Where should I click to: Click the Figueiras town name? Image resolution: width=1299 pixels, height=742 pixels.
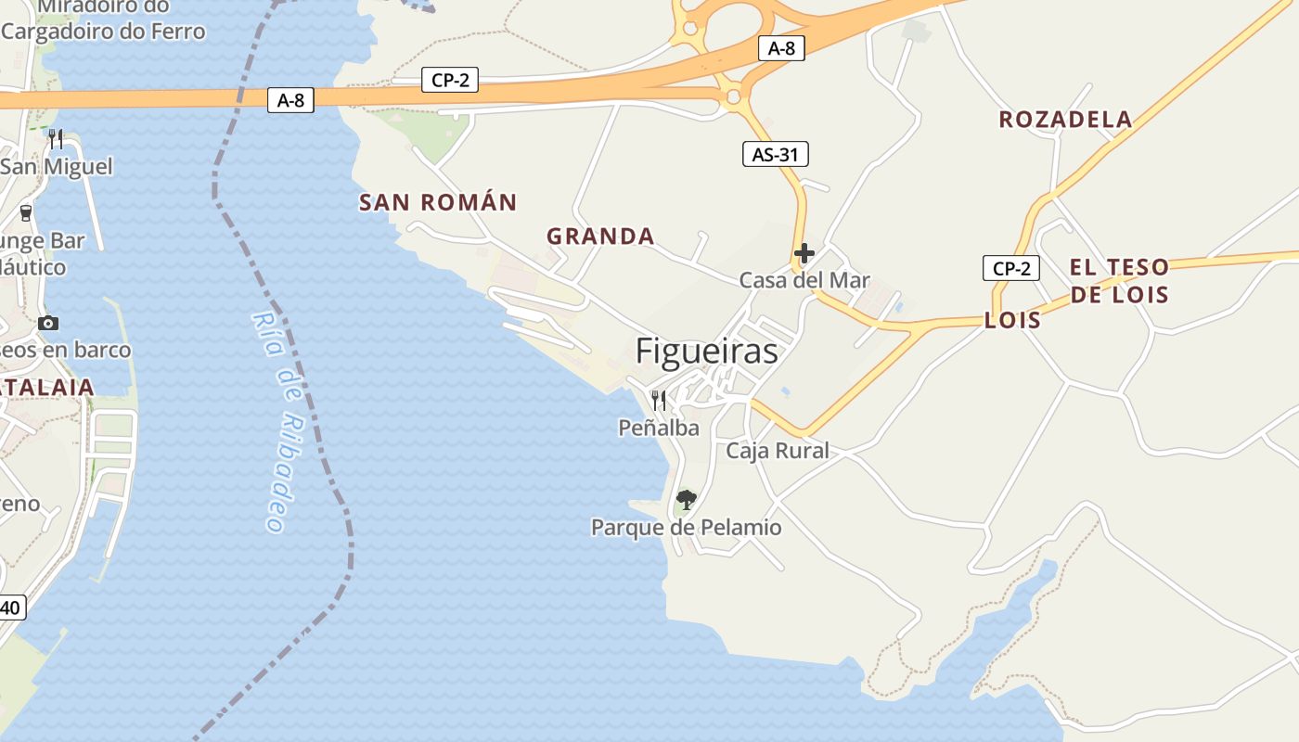(706, 352)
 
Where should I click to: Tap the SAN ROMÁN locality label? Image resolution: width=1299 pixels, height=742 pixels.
(438, 202)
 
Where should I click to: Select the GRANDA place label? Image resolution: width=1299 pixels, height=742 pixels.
(600, 237)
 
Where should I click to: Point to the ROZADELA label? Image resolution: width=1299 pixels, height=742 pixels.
(1065, 120)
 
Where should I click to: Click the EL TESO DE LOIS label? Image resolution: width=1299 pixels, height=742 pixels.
(1119, 281)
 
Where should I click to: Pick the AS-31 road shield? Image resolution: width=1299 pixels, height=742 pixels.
(775, 154)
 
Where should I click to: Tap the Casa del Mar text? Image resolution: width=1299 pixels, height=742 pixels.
(804, 280)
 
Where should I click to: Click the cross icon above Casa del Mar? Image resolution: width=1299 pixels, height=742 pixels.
(804, 252)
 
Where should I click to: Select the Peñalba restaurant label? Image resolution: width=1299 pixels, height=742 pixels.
(659, 428)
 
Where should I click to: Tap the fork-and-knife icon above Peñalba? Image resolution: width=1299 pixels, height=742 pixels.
(659, 400)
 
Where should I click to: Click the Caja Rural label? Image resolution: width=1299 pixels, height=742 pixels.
(777, 451)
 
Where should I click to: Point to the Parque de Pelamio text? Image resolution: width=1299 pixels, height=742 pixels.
(686, 528)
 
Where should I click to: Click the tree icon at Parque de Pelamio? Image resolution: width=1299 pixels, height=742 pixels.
(686, 501)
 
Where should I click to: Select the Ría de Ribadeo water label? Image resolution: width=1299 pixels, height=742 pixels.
(281, 422)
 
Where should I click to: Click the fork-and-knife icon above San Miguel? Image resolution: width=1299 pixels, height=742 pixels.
(56, 139)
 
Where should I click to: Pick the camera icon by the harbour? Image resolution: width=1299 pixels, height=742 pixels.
(48, 323)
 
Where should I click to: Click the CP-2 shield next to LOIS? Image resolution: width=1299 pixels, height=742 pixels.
(1010, 269)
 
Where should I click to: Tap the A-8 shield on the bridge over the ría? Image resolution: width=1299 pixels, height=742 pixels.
(290, 100)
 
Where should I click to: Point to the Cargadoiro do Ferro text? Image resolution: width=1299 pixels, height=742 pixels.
(103, 32)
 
